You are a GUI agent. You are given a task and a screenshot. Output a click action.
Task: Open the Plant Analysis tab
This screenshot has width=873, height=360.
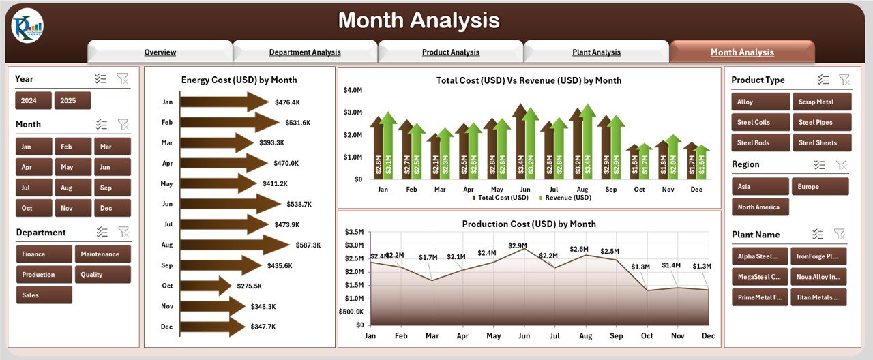pyautogui.click(x=596, y=52)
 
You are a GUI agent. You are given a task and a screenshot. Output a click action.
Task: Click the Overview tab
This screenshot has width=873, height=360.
pyautogui.click(x=160, y=52)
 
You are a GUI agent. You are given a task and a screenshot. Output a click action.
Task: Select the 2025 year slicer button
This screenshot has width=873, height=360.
pyautogui.click(x=72, y=101)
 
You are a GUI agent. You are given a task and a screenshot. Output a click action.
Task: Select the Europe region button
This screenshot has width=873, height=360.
pyautogui.click(x=820, y=187)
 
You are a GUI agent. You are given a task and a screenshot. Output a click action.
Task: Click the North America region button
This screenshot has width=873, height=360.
pyautogui.click(x=760, y=207)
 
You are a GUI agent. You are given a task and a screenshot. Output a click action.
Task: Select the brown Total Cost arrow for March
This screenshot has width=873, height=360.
pyautogui.click(x=434, y=157)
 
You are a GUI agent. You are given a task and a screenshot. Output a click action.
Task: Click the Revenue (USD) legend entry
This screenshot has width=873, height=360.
pyautogui.click(x=565, y=198)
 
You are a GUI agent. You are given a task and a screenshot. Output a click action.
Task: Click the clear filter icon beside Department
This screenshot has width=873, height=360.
pyautogui.click(x=123, y=232)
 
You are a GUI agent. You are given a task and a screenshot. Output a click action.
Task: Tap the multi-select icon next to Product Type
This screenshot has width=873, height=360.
pyautogui.click(x=823, y=80)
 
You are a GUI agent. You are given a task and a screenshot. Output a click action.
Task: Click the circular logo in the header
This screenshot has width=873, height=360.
pyautogui.click(x=27, y=27)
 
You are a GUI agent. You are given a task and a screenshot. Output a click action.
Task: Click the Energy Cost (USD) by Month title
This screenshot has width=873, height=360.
pyautogui.click(x=239, y=80)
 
